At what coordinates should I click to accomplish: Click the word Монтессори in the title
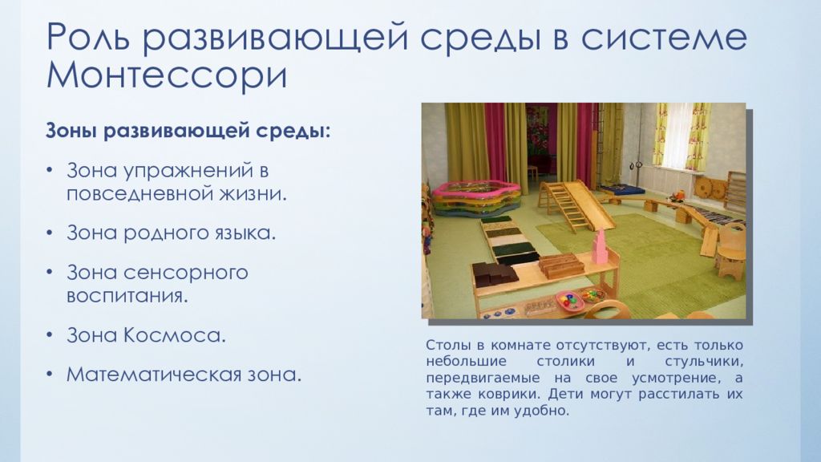click(167, 76)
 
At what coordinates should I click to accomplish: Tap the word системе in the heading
click(664, 37)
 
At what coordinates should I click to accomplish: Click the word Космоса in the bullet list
click(174, 335)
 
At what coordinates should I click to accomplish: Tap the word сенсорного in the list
click(186, 273)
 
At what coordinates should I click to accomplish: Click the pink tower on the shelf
click(598, 248)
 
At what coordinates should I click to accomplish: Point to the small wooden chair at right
click(730, 252)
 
